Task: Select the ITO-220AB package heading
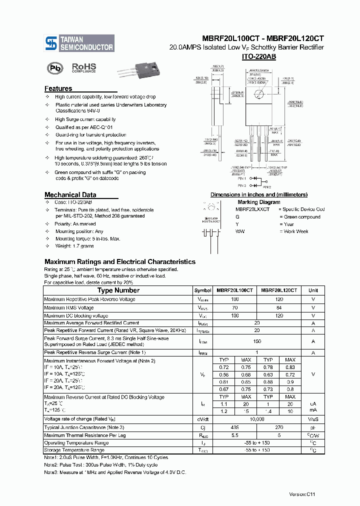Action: [x=258, y=57]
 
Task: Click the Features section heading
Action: [x=58, y=88]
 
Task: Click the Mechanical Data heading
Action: [x=70, y=194]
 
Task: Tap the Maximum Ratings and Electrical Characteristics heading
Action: [x=119, y=261]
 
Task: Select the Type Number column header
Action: [x=118, y=290]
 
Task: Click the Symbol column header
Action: [x=202, y=290]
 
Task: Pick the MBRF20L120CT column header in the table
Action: [x=279, y=290]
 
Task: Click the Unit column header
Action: [x=313, y=290]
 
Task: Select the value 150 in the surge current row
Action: [x=257, y=341]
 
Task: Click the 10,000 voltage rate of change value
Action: [x=257, y=419]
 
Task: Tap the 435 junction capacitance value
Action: [x=235, y=427]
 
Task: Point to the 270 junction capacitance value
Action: [x=279, y=427]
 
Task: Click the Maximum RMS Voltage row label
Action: [x=68, y=307]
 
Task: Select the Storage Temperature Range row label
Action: [x=74, y=450]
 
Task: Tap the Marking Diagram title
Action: [x=258, y=202]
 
